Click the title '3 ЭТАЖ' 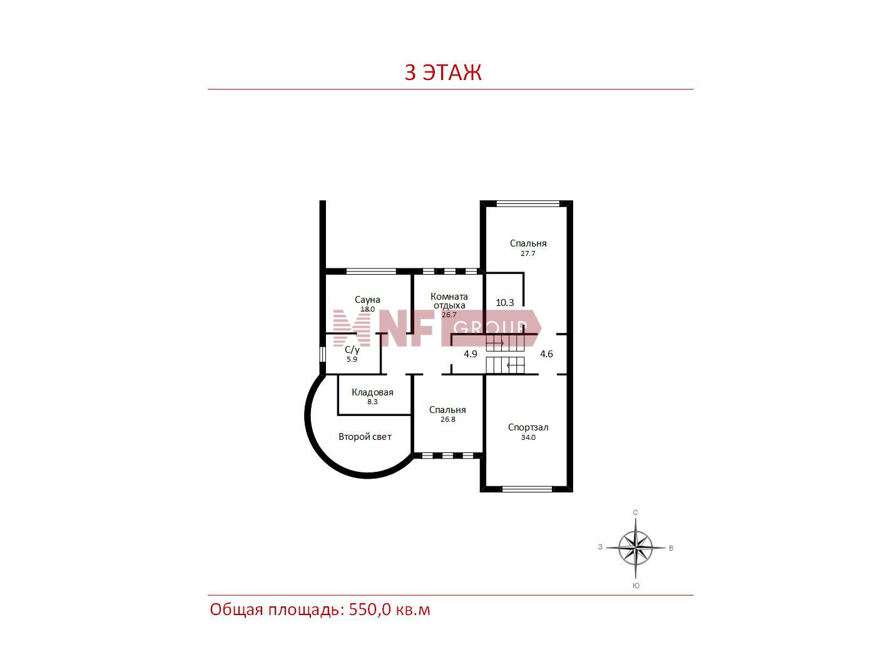click(x=442, y=72)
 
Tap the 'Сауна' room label click(x=367, y=299)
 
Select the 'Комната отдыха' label click(x=449, y=301)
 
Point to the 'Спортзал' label click(x=527, y=427)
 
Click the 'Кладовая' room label click(x=372, y=392)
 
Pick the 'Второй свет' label click(x=365, y=437)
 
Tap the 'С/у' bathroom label click(x=352, y=350)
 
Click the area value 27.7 click(x=527, y=253)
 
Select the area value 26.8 click(x=448, y=419)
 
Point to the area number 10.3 click(x=504, y=302)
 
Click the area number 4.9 click(x=470, y=354)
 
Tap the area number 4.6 click(x=546, y=354)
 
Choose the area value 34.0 click(x=527, y=437)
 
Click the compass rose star click(x=635, y=547)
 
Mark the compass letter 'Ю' click(x=636, y=586)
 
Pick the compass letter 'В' click(x=671, y=548)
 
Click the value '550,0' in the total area click(x=370, y=609)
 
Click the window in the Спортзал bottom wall click(x=527, y=489)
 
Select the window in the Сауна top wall click(x=371, y=272)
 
